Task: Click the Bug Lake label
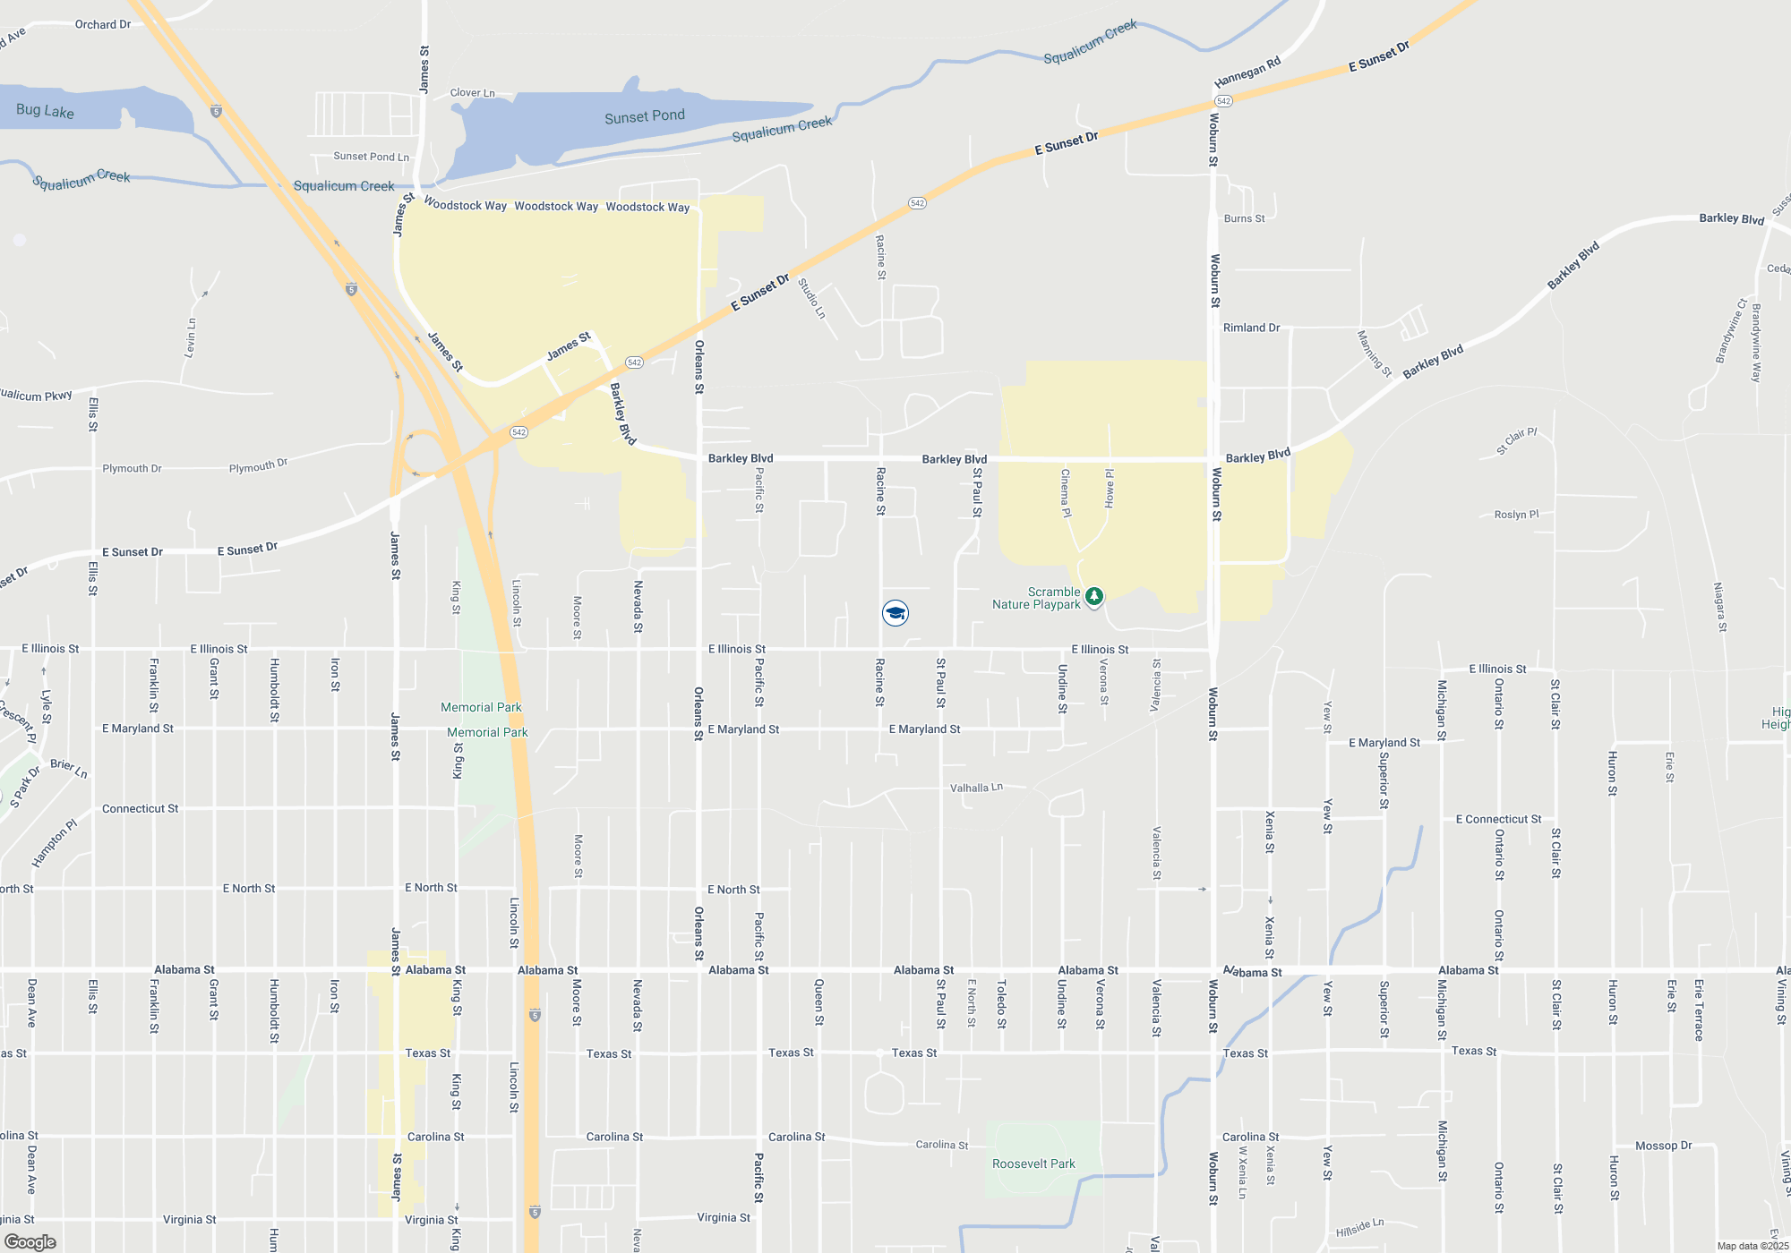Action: (x=45, y=111)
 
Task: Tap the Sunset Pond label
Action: (x=644, y=116)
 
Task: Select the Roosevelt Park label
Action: (x=1033, y=1163)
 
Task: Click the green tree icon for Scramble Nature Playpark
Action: (x=1093, y=596)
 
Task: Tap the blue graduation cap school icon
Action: (x=895, y=612)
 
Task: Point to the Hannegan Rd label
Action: (x=1247, y=72)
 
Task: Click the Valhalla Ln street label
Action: (x=976, y=788)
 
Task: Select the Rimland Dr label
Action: (x=1251, y=328)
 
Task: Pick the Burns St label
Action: (x=1244, y=218)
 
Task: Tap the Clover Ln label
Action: (x=472, y=92)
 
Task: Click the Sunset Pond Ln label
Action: (x=371, y=157)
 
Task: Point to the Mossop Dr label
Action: (x=1663, y=1146)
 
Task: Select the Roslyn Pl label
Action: (x=1516, y=515)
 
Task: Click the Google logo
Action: (x=30, y=1242)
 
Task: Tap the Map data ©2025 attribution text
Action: (x=1752, y=1246)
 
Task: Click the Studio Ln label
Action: (x=811, y=298)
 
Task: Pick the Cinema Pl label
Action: (x=1066, y=493)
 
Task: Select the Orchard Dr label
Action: (x=103, y=24)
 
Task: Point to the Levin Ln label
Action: (x=190, y=337)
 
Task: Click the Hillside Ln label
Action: (x=1359, y=1228)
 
